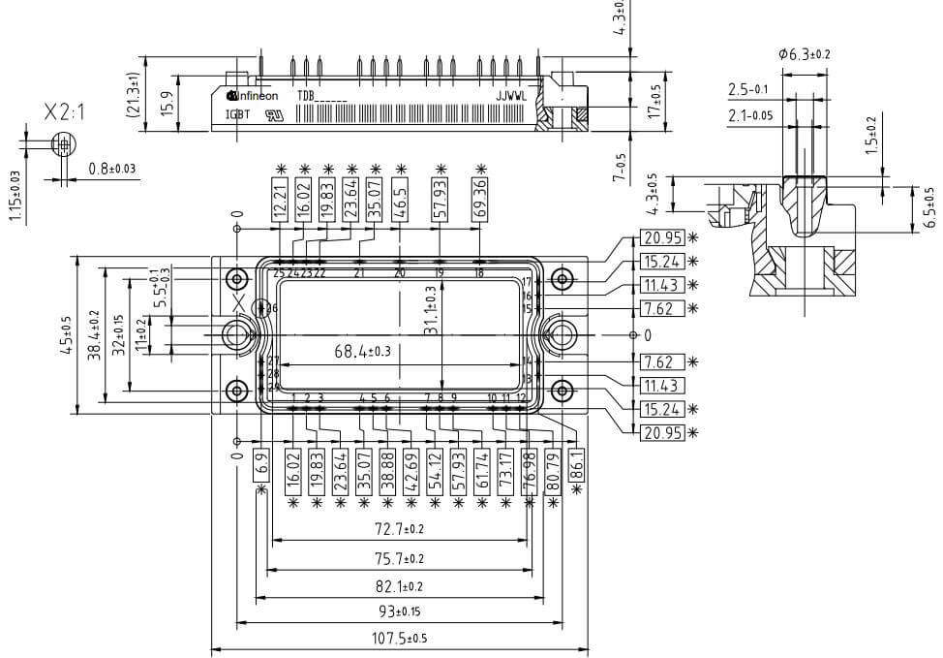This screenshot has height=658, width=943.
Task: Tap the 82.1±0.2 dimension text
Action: [x=400, y=586]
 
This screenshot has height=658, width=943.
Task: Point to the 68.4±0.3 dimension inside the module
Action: [x=362, y=352]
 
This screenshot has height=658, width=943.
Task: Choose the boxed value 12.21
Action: [x=281, y=198]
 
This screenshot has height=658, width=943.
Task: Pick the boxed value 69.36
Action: [x=479, y=198]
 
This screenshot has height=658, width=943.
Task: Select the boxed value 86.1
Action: [x=578, y=468]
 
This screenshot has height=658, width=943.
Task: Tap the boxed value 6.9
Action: [x=259, y=467]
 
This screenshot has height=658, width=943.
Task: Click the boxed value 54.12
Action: [x=435, y=469]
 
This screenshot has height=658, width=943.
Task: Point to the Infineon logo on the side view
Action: [x=253, y=96]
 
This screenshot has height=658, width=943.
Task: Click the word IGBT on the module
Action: [x=237, y=113]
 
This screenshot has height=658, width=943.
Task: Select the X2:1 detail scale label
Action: [x=65, y=112]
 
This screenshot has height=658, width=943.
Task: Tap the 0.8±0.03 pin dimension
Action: [x=112, y=170]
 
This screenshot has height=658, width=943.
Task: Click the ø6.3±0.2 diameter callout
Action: [x=804, y=55]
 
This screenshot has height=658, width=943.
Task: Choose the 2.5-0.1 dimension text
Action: [x=747, y=90]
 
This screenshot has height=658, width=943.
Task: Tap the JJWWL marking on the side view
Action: [x=512, y=96]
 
